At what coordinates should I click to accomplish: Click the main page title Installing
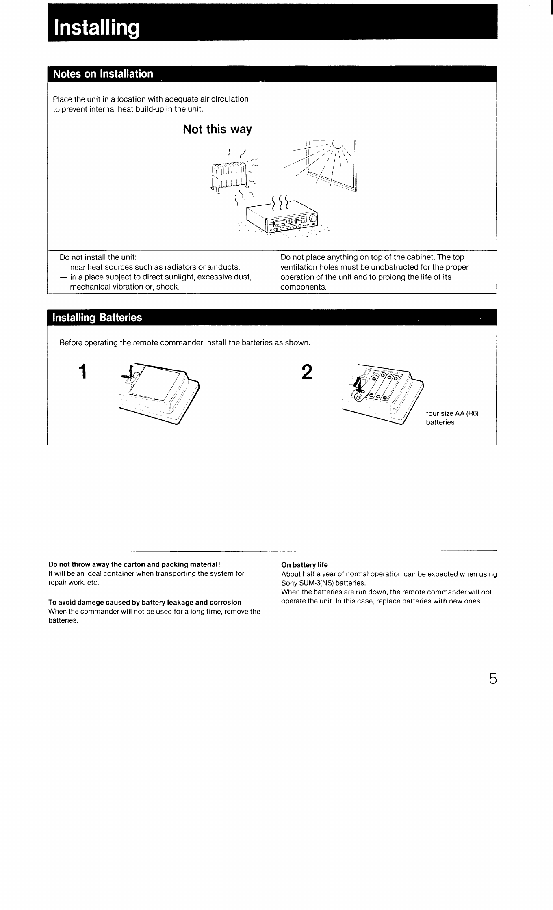pos(97,28)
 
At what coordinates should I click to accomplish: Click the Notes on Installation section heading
pos(103,74)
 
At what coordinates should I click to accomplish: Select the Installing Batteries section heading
pos(98,318)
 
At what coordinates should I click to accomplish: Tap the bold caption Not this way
pos(217,130)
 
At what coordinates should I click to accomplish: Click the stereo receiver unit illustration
pos(284,217)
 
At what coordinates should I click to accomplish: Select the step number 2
pos(307,372)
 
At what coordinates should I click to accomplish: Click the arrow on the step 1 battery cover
pos(129,374)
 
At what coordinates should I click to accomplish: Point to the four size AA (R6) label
pos(452,414)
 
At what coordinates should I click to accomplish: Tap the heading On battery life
pos(304,565)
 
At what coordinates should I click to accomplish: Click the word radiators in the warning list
pos(179,267)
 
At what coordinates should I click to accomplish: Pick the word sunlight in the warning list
pos(182,277)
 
